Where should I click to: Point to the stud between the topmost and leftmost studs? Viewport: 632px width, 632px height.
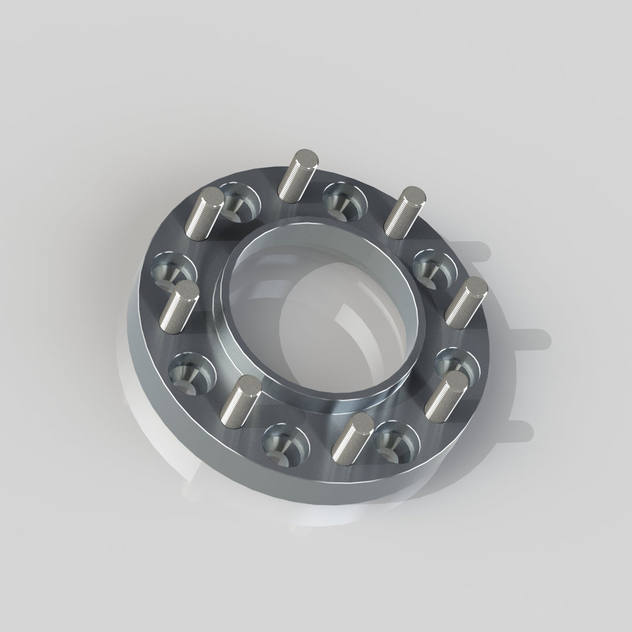(x=204, y=215)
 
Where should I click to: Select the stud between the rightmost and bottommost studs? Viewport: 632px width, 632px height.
(x=446, y=396)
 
